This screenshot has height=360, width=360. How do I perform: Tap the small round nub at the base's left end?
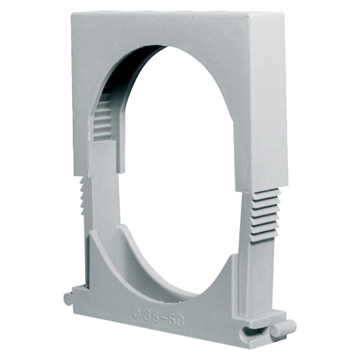tap(68, 298)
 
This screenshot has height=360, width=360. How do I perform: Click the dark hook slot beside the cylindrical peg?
tap(252, 330)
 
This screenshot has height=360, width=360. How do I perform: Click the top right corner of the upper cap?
tap(283, 13)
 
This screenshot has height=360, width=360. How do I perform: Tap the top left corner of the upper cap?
tap(72, 13)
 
